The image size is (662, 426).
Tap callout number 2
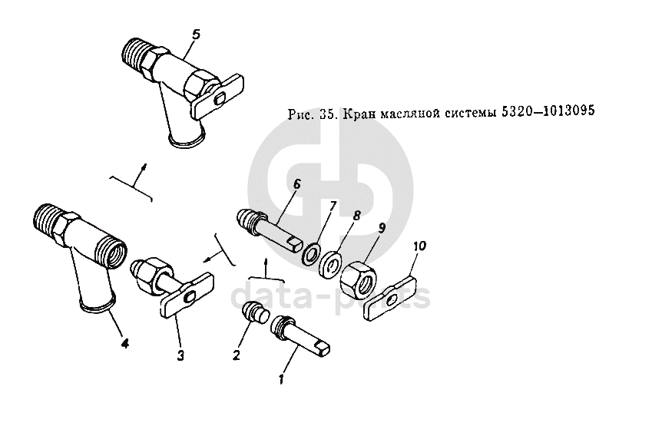pos(237,355)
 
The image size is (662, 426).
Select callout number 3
pos(180,355)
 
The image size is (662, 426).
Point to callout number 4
pos(124,343)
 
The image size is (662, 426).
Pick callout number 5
pos(196,35)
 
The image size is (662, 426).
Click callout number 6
pos(296,184)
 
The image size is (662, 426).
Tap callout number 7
pos(333,206)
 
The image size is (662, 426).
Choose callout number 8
pos(357,216)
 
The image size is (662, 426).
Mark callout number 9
pos(382,228)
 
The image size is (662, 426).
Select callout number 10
pos(419,246)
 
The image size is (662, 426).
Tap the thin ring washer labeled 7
pos(311,254)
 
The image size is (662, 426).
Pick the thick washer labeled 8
pos(330,265)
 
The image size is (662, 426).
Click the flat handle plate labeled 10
pos(391,298)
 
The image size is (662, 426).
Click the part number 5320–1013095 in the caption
pos(548,111)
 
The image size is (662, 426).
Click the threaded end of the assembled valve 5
pos(136,54)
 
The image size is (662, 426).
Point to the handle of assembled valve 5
pos(218,97)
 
